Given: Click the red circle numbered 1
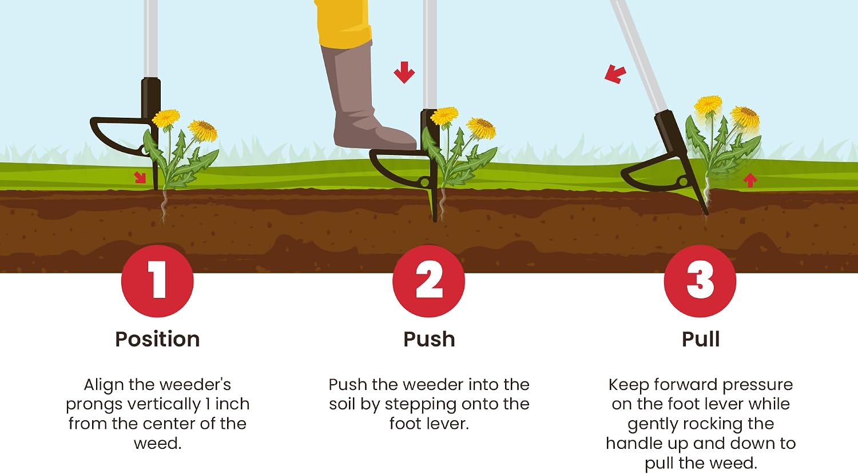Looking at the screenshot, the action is point(157,281).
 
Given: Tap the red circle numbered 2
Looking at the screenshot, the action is point(428,281).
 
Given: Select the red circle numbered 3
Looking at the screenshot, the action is point(700,281).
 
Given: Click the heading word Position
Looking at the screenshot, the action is point(157,339).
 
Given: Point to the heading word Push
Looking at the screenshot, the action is point(429,339).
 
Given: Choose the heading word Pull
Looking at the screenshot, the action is point(701,339).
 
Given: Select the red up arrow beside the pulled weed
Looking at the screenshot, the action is point(750,180).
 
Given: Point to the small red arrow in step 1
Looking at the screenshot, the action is point(140,177).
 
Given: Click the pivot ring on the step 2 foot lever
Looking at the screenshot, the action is point(425,182).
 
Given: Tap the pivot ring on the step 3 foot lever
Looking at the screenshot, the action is point(682,181).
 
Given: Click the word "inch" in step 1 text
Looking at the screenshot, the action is point(232,404).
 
